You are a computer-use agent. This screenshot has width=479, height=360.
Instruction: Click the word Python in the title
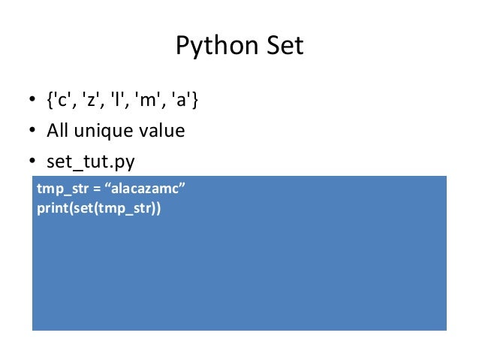point(212,47)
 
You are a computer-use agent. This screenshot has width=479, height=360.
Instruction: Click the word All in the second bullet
point(58,131)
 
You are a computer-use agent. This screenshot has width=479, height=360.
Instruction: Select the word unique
point(104,132)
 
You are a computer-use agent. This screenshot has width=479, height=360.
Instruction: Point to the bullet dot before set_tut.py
point(34,162)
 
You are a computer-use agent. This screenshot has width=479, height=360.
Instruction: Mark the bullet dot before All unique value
point(34,132)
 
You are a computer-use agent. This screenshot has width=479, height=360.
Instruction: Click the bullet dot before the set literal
point(34,101)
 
